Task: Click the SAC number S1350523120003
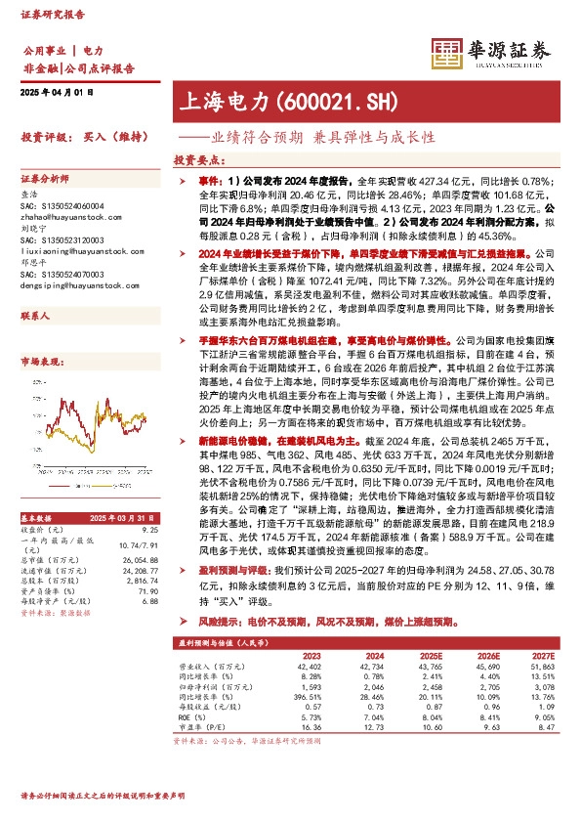tap(61, 240)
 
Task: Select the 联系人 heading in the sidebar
tap(36, 317)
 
